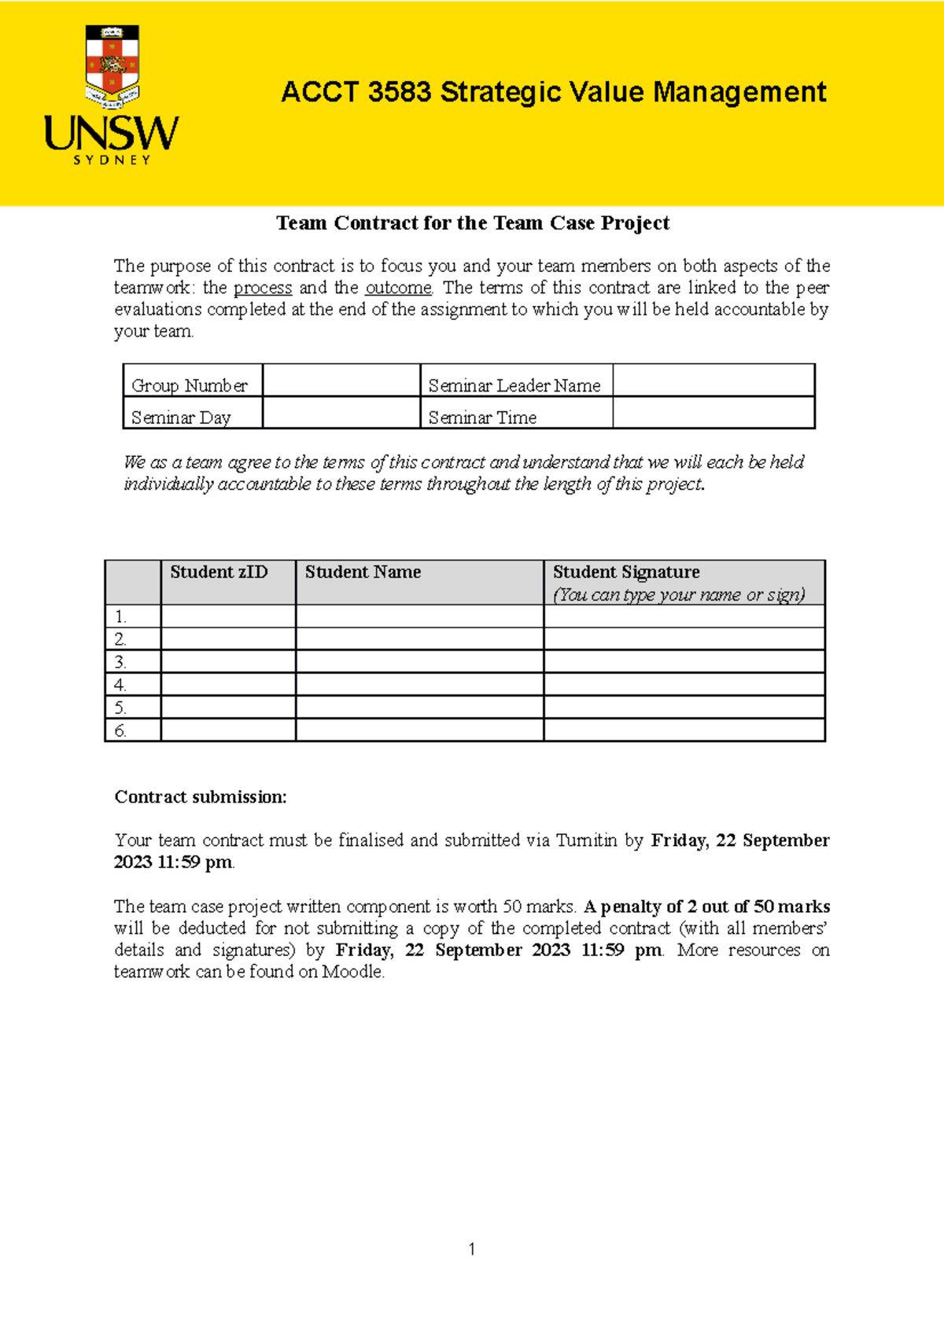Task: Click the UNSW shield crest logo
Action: coord(112,67)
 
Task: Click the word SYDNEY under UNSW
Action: coord(112,160)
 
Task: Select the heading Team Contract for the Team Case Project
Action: coord(473,223)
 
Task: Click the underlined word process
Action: coord(263,288)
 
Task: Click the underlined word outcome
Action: coord(398,288)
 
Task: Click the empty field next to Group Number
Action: coord(341,381)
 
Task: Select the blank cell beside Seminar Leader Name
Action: coord(713,381)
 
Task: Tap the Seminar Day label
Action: coord(181,417)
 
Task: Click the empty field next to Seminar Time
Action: coord(713,413)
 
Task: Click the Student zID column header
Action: coord(219,572)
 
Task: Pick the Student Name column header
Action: coord(363,572)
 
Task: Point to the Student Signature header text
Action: coord(626,572)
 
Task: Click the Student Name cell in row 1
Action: coord(419,616)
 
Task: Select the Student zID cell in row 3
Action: coord(228,661)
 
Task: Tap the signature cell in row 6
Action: coord(684,730)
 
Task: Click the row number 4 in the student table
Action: coord(120,685)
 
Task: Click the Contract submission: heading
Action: coord(201,797)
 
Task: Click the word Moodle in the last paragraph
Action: coord(352,972)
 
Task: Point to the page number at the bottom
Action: coord(471,1249)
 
